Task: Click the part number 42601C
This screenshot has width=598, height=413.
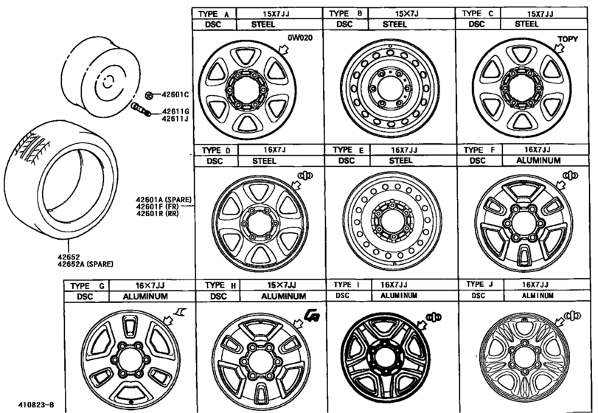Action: click(x=175, y=94)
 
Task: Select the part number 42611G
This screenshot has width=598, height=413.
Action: click(x=175, y=111)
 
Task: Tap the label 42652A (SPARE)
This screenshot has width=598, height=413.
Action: click(x=86, y=264)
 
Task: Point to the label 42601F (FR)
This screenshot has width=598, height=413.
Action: click(x=158, y=206)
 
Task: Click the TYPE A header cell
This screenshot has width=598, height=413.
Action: click(x=214, y=14)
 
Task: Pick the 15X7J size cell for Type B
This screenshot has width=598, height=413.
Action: click(x=411, y=14)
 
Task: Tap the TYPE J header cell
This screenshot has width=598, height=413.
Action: click(x=480, y=285)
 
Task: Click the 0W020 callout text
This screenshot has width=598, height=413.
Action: click(x=300, y=38)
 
